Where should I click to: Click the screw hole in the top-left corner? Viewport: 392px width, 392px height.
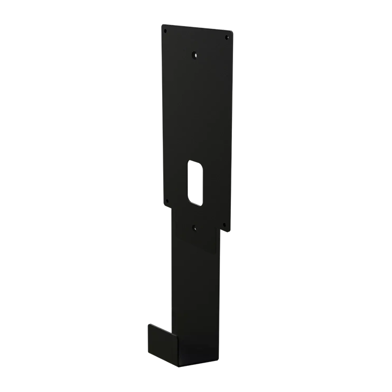pyautogui.click(x=166, y=30)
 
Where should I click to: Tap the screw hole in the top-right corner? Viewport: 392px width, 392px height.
pyautogui.click(x=227, y=38)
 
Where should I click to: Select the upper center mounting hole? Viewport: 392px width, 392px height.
pyautogui.click(x=195, y=55)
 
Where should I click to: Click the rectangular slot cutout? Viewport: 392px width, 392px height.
pyautogui.click(x=195, y=183)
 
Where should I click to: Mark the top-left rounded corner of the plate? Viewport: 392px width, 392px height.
pyautogui.click(x=163, y=25)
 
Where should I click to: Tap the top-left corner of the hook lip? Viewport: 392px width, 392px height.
pyautogui.click(x=149, y=325)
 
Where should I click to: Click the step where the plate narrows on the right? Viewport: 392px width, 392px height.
pyautogui.click(x=220, y=229)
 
